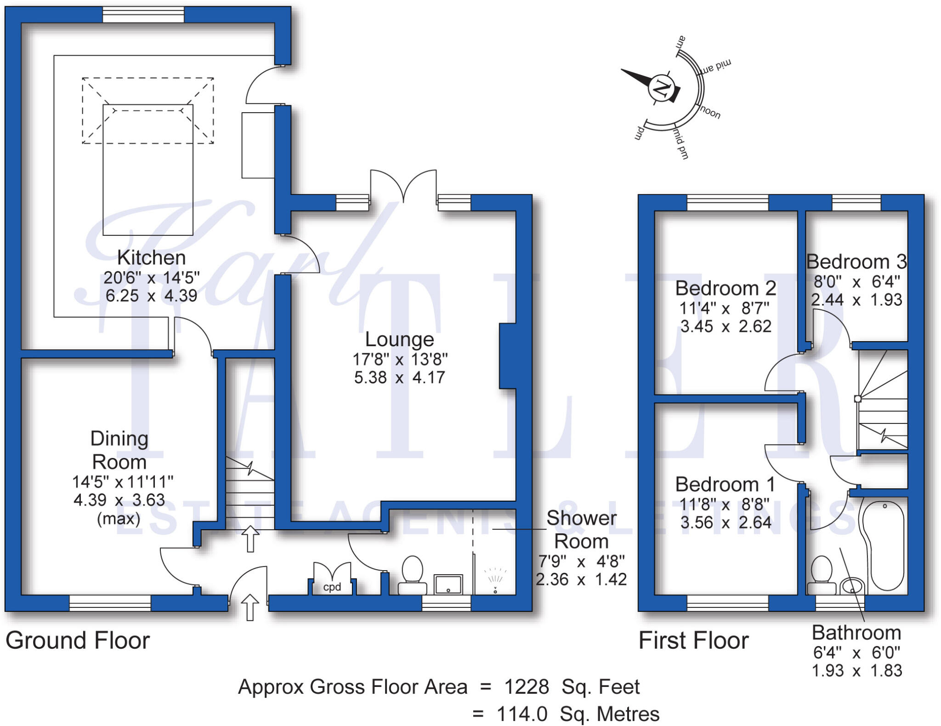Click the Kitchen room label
151,258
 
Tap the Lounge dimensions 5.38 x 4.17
399,377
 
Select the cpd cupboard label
332,587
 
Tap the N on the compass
662,87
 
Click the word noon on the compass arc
710,112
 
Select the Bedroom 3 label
856,262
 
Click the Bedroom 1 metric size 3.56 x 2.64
725,523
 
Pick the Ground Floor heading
78,640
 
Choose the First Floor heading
693,640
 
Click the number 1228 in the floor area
527,687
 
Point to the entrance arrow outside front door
250,607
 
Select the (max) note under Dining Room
119,519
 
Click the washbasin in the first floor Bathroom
852,587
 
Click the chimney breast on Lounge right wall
508,356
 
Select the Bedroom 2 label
725,288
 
